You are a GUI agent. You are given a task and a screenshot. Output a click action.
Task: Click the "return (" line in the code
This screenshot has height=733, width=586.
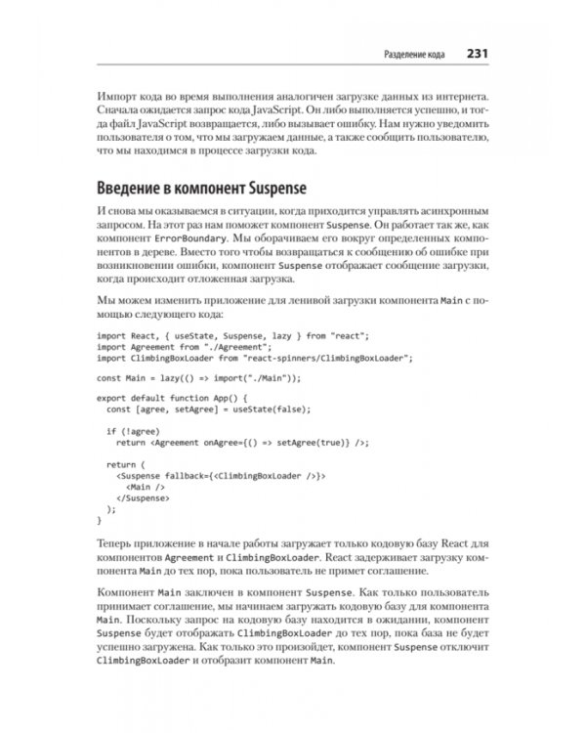click(126, 462)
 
